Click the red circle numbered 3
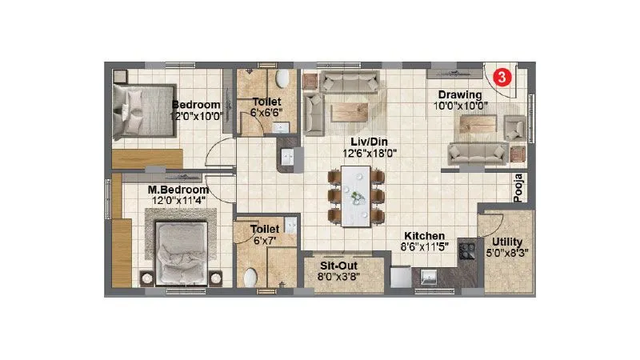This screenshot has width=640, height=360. click(x=501, y=78)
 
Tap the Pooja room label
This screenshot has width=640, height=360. click(x=518, y=189)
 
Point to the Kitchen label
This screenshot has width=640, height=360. click(x=424, y=236)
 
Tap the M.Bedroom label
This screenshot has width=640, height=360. click(x=178, y=190)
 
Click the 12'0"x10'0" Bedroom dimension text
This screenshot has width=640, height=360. click(x=197, y=116)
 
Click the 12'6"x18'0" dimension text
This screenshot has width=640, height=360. click(x=370, y=153)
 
